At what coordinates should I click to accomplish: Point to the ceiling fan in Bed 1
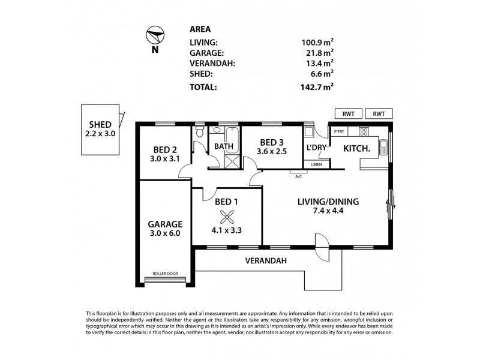click(226, 217)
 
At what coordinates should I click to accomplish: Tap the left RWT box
click(348, 113)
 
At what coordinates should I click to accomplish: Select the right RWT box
click(379, 113)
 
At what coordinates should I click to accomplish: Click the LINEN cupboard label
click(316, 164)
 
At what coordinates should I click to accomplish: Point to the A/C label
click(298, 176)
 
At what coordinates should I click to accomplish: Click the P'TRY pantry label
click(339, 132)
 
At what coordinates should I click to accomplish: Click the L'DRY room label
click(316, 148)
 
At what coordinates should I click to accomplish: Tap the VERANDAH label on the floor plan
click(266, 261)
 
